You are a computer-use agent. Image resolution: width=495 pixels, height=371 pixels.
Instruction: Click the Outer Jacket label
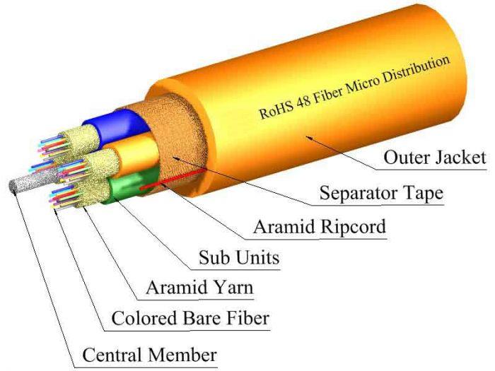[434, 157]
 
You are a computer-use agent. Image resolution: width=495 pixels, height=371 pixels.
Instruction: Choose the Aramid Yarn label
[199, 288]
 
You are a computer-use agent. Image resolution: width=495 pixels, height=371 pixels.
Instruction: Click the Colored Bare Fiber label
[190, 319]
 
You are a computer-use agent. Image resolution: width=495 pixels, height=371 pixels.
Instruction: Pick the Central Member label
[149, 353]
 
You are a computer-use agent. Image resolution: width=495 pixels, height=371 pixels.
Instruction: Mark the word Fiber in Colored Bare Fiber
[246, 319]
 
